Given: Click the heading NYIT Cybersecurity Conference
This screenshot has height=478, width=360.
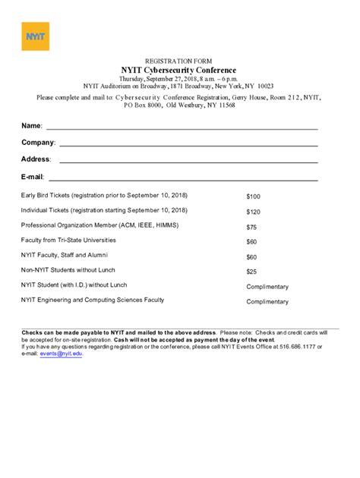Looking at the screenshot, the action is pos(180,71).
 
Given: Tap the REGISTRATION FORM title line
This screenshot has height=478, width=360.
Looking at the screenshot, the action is pos(180,61).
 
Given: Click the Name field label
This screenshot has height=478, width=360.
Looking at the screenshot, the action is pos(31,125).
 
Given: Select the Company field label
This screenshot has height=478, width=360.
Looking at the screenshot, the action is pos(38,143).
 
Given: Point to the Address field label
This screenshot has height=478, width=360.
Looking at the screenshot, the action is pos(36,159).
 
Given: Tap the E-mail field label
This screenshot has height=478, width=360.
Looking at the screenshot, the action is pos(33,177).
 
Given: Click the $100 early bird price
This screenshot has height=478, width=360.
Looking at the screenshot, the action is pos(253,197).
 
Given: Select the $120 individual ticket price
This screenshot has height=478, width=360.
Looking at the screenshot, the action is pos(253,212).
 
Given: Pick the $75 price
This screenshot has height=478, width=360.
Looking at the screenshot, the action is pos(251,227).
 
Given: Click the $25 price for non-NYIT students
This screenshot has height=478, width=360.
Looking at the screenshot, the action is pos(251,272).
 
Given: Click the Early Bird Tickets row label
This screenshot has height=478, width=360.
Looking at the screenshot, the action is pos(104,195).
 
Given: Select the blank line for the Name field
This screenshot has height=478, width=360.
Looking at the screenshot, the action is pos(182,128).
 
